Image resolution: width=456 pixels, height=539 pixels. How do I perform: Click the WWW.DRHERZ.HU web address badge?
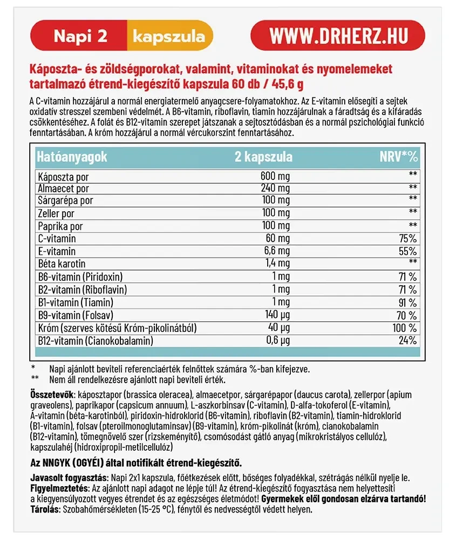point(338,36)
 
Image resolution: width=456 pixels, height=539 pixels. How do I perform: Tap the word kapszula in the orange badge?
point(168,36)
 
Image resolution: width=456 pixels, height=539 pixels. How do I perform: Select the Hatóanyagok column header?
point(72,157)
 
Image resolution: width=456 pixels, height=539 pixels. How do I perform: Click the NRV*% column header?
point(399,157)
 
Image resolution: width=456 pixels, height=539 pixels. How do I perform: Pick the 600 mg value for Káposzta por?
point(276,176)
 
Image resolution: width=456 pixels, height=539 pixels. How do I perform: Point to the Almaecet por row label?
point(63,189)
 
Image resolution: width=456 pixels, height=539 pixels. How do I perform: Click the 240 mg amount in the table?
point(276,189)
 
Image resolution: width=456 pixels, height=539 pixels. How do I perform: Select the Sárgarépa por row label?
point(65,201)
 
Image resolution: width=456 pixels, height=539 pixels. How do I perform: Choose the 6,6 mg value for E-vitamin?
point(275,251)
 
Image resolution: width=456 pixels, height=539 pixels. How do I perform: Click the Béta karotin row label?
point(62,264)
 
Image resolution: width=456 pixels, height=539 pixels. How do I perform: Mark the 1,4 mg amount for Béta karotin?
point(275,264)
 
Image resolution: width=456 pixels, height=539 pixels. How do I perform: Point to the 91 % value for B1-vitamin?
point(406,302)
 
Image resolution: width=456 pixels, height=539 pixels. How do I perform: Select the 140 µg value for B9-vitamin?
point(276,315)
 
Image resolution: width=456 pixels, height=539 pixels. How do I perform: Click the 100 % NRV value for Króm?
point(404,328)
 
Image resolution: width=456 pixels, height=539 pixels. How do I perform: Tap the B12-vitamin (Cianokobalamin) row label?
point(95,341)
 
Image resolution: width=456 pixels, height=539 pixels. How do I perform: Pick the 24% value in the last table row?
point(408,341)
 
